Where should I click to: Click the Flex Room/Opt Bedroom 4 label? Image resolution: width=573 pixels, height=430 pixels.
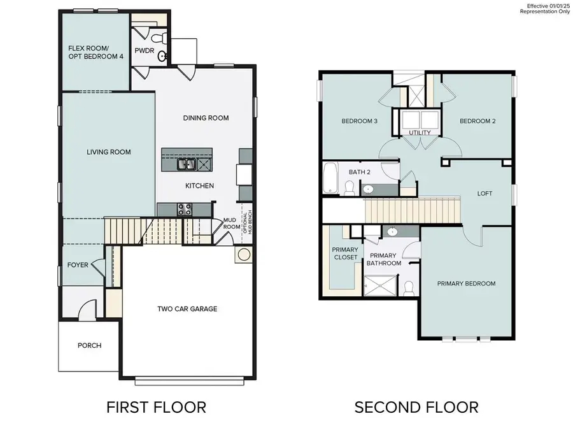95,52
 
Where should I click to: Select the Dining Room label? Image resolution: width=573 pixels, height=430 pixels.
206,118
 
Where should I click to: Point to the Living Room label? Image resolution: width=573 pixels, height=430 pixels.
109,152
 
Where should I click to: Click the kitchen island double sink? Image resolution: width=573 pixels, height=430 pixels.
187,164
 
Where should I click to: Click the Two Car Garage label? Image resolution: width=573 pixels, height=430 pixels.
187,309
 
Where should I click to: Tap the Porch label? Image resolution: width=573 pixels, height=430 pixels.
89,345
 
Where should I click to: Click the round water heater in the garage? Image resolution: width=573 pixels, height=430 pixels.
243,255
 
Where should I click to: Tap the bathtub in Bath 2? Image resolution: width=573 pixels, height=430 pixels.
330,178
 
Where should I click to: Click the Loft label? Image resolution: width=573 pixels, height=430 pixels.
485,193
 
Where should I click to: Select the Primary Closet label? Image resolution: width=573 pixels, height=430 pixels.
345,253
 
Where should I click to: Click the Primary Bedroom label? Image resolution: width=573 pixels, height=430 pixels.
466,283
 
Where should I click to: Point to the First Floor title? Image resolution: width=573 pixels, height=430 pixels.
156,406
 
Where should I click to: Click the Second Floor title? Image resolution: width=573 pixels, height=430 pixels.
416,406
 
